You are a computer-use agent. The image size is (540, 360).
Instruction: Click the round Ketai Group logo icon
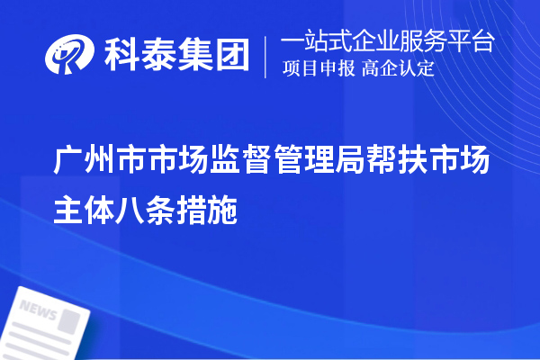pos(71,58)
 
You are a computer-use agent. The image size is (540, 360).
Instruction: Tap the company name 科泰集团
pos(176,58)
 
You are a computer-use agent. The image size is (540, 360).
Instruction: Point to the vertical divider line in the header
pos(265,57)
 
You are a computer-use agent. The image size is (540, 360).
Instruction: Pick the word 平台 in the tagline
pos(478,42)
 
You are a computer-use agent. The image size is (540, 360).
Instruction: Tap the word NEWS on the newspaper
pos(37,311)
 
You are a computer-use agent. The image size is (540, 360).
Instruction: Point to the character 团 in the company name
pos(231,58)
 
